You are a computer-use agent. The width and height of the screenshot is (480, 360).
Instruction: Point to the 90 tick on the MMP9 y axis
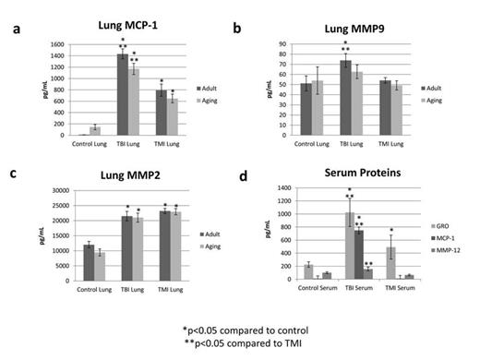[x=283, y=43]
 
